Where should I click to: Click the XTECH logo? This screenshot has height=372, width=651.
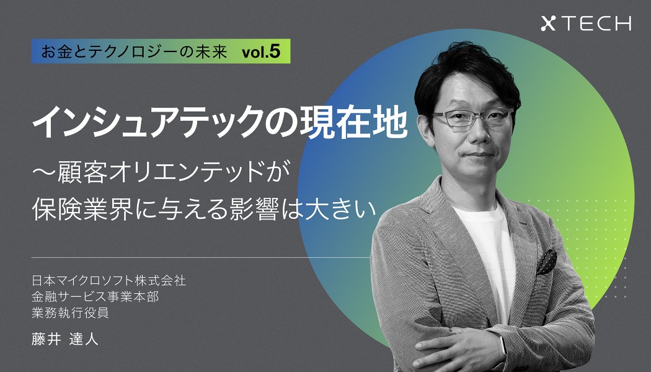click(x=586, y=24)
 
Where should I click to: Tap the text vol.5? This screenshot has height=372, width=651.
click(x=261, y=52)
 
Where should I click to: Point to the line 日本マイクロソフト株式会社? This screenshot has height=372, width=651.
click(x=109, y=281)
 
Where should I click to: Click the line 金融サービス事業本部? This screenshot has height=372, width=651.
click(x=95, y=296)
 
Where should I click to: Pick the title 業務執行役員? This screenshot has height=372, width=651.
click(x=71, y=312)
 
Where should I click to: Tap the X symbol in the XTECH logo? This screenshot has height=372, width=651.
click(x=548, y=24)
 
